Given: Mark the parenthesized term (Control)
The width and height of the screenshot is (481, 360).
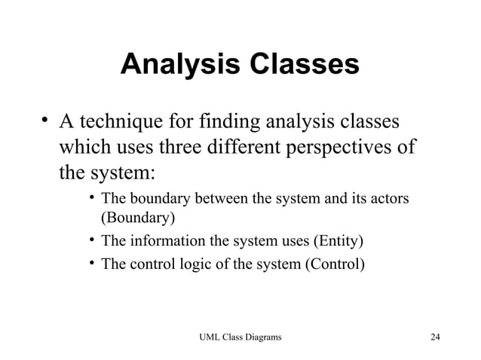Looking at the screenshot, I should point(334,264).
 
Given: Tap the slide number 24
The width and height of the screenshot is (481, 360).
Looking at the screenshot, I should point(434,336).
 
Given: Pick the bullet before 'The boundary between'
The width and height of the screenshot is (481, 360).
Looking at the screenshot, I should point(90,199).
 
